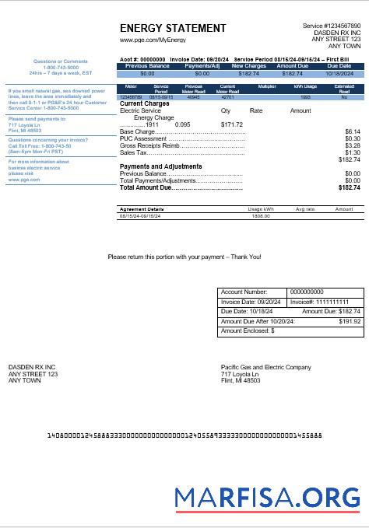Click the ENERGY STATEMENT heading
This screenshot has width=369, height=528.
[173, 29]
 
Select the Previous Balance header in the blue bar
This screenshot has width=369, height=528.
[148, 66]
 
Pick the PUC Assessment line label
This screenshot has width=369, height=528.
[144, 138]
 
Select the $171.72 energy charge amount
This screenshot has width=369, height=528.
[232, 124]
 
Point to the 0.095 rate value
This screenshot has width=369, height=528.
[183, 124]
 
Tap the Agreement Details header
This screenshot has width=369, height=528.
[141, 209]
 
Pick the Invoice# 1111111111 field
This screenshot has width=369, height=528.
[319, 302]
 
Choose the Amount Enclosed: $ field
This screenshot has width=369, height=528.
[248, 330]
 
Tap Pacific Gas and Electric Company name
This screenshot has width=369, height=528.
[265, 367]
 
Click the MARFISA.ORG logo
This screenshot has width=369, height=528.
[267, 497]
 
